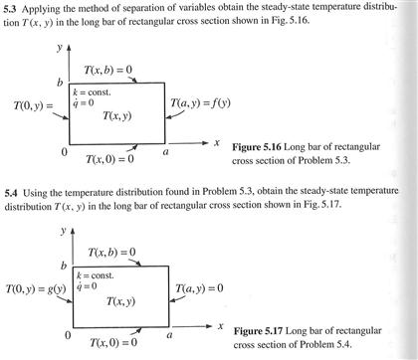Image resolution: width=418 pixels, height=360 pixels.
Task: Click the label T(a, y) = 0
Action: (204, 289)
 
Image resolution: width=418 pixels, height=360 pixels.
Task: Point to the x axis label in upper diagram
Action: (215, 143)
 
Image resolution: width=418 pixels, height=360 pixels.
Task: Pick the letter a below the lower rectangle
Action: (169, 337)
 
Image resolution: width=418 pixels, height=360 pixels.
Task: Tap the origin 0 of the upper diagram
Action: (64, 152)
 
